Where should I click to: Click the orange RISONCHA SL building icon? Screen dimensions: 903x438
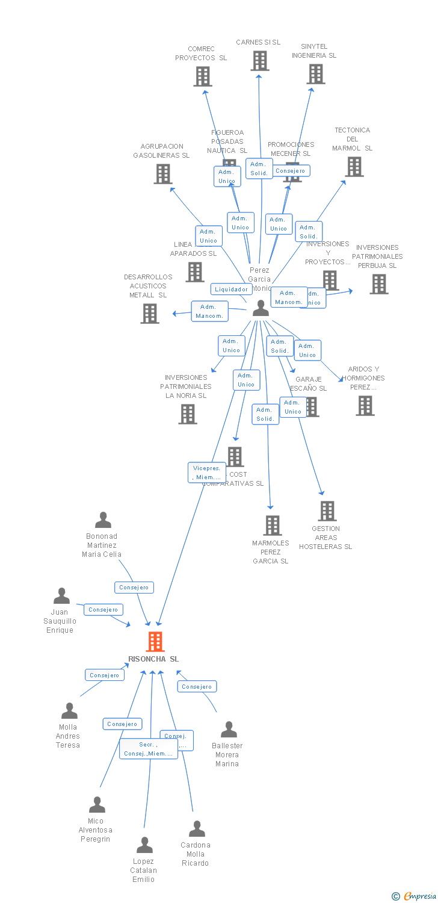point(155,642)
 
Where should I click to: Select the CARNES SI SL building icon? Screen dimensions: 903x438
point(259,61)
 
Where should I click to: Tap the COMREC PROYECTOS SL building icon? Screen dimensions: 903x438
point(203,76)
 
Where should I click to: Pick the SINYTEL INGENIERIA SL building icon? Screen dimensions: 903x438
point(316,74)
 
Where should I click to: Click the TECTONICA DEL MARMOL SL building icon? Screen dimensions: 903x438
point(354,167)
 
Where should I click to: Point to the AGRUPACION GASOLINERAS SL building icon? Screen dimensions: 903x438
point(163,174)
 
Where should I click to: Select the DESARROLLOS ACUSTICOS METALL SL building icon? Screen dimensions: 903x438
point(150,314)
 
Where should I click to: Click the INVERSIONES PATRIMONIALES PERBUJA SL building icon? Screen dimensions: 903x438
point(378,284)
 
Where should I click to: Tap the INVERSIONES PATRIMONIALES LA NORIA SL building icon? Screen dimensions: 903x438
point(188,414)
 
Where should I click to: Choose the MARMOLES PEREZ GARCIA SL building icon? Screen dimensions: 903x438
point(272,526)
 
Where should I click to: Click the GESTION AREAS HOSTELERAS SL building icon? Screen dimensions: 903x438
point(327,511)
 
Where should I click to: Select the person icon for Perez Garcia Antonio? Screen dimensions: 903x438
point(261,308)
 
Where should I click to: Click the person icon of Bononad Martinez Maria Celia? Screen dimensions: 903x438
point(103,520)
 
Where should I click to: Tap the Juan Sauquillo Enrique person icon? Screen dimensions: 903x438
point(61,596)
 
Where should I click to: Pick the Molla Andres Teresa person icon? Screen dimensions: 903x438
point(69,711)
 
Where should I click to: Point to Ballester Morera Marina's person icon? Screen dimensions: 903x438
point(229,730)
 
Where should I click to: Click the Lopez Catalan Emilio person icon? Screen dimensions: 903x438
point(144,845)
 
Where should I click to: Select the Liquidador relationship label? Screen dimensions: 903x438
point(231,289)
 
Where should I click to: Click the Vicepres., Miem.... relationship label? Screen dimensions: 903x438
point(206,473)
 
